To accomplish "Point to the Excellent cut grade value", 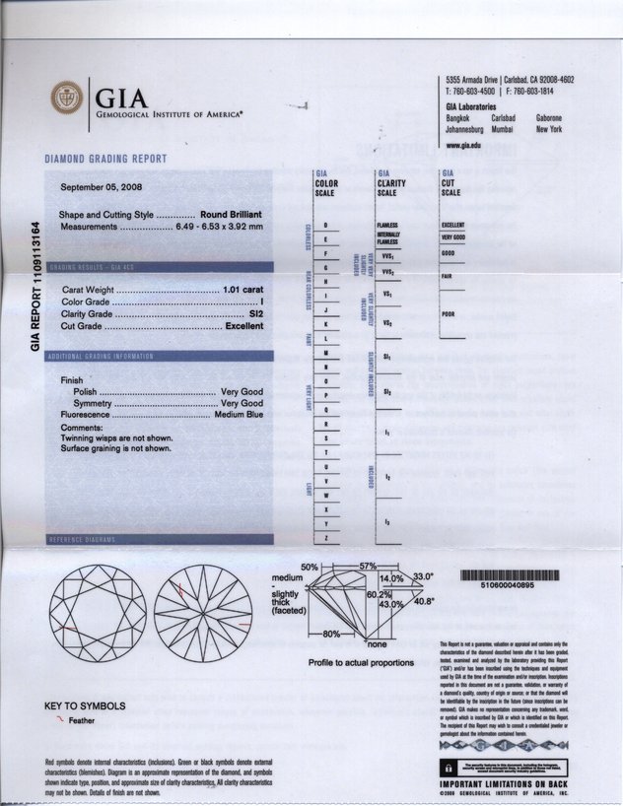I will [x=244, y=325].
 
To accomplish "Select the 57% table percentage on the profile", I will [x=368, y=566].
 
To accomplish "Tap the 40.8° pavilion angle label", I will [x=424, y=600].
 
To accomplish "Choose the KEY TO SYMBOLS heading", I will [x=86, y=706].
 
